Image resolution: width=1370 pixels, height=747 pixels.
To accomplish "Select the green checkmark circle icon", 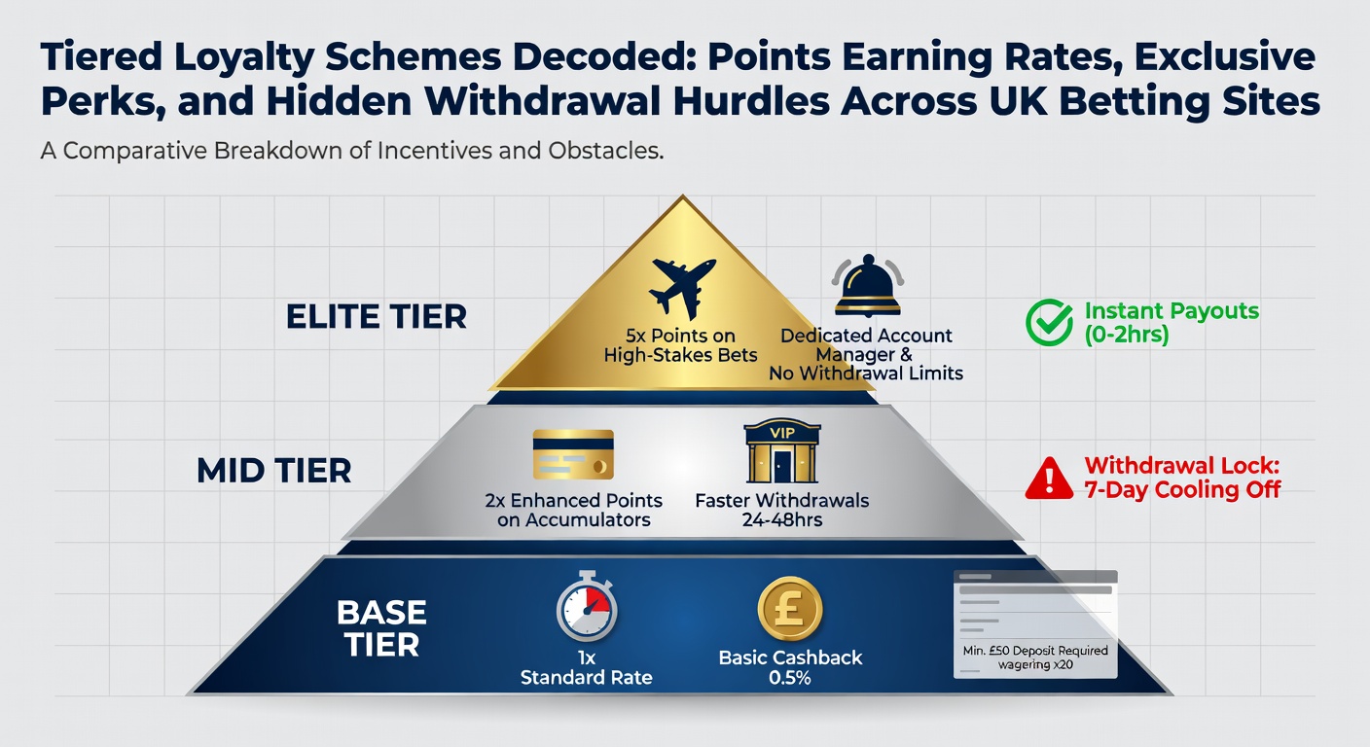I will (x=1050, y=323).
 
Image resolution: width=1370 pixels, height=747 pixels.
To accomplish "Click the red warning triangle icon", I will (x=1050, y=477).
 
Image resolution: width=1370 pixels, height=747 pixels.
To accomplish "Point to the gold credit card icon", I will (x=573, y=455).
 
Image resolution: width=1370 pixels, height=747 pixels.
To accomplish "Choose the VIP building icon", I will (x=781, y=451).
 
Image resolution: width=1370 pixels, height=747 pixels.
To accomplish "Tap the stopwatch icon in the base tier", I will (x=587, y=611).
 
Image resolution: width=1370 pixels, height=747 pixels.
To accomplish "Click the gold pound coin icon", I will (x=789, y=609).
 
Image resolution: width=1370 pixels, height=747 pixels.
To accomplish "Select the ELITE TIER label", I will (x=377, y=316).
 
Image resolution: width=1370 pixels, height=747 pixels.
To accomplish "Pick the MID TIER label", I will (x=273, y=471).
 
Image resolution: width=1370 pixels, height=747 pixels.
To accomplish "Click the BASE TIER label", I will (x=381, y=627).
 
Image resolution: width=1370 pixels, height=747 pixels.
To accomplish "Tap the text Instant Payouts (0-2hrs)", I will (x=1172, y=323).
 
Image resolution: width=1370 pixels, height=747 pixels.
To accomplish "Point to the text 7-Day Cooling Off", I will (x=1182, y=489).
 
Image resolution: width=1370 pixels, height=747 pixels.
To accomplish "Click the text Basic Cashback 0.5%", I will (x=790, y=667).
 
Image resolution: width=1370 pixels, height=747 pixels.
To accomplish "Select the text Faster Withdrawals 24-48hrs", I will (x=781, y=511).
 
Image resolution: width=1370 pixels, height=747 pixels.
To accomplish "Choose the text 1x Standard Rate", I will (x=587, y=667).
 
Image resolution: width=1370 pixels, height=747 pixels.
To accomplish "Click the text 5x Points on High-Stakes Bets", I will (x=680, y=345).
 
